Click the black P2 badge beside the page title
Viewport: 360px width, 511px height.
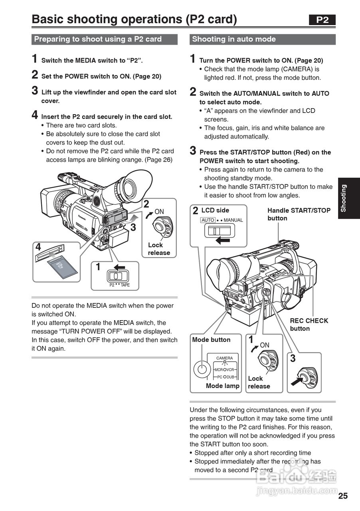(322, 20)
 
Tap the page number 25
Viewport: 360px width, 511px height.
(343, 496)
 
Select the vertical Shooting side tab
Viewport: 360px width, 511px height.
(348, 198)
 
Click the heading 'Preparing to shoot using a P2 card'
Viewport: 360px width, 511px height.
(98, 39)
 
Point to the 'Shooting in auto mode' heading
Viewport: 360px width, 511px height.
(234, 39)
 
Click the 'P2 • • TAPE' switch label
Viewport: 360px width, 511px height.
(119, 285)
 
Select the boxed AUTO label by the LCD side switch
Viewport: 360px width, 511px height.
(208, 220)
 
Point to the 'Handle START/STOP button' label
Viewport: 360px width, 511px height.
(299, 214)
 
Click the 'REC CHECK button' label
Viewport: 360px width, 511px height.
(309, 324)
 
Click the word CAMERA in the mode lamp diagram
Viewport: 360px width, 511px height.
(224, 358)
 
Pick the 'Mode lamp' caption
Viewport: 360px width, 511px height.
(222, 386)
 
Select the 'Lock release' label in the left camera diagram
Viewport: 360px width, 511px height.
(159, 249)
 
